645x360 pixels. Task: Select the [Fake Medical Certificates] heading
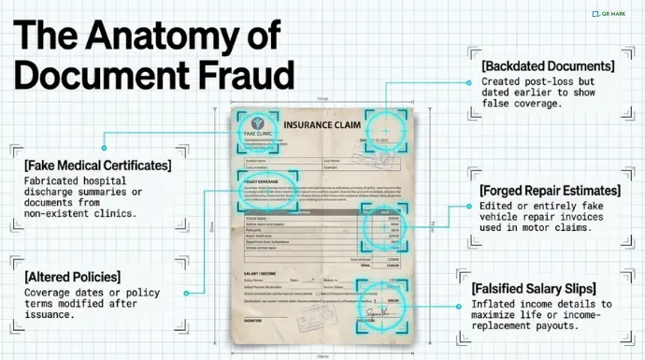(98, 166)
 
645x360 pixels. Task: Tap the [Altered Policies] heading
(74, 277)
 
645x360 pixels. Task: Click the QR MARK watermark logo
(611, 14)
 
